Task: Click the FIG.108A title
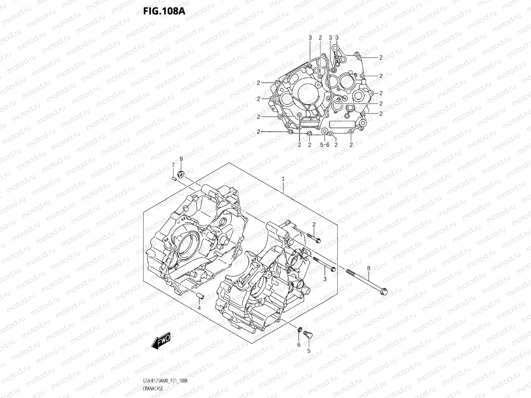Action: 164,10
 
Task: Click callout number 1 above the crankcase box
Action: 283,179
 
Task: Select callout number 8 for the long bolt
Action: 368,268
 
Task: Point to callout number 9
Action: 181,159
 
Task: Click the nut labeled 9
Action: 181,173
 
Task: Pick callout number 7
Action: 173,165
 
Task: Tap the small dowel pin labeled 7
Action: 174,178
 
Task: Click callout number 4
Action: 199,308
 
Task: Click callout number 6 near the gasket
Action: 299,344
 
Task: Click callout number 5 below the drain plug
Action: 309,351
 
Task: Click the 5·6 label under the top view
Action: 324,145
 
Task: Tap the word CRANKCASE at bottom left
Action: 153,388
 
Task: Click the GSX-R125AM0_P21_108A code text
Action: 165,381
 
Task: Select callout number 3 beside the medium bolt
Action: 324,279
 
